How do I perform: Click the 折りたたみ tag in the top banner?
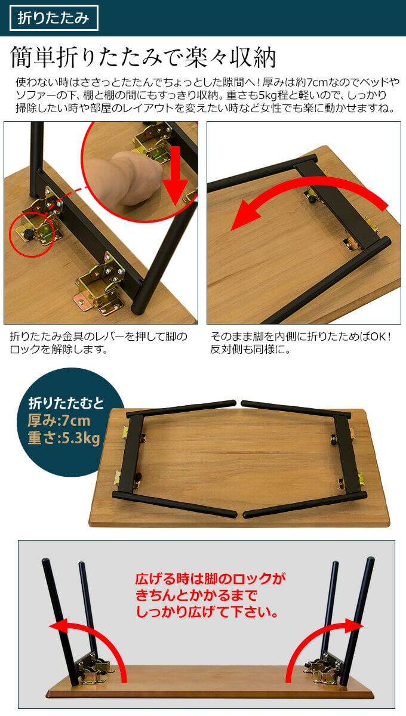pos(54,18)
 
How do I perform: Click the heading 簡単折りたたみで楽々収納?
pos(143,57)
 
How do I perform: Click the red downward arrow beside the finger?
pos(175,176)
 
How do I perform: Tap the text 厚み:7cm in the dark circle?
pos(59,421)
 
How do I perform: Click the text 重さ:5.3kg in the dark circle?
pos(64,437)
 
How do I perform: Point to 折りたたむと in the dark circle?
pos(66,403)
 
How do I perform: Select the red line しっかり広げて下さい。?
pos(207,612)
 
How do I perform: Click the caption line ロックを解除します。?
pos(59,350)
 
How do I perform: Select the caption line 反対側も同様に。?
pos(250,350)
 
